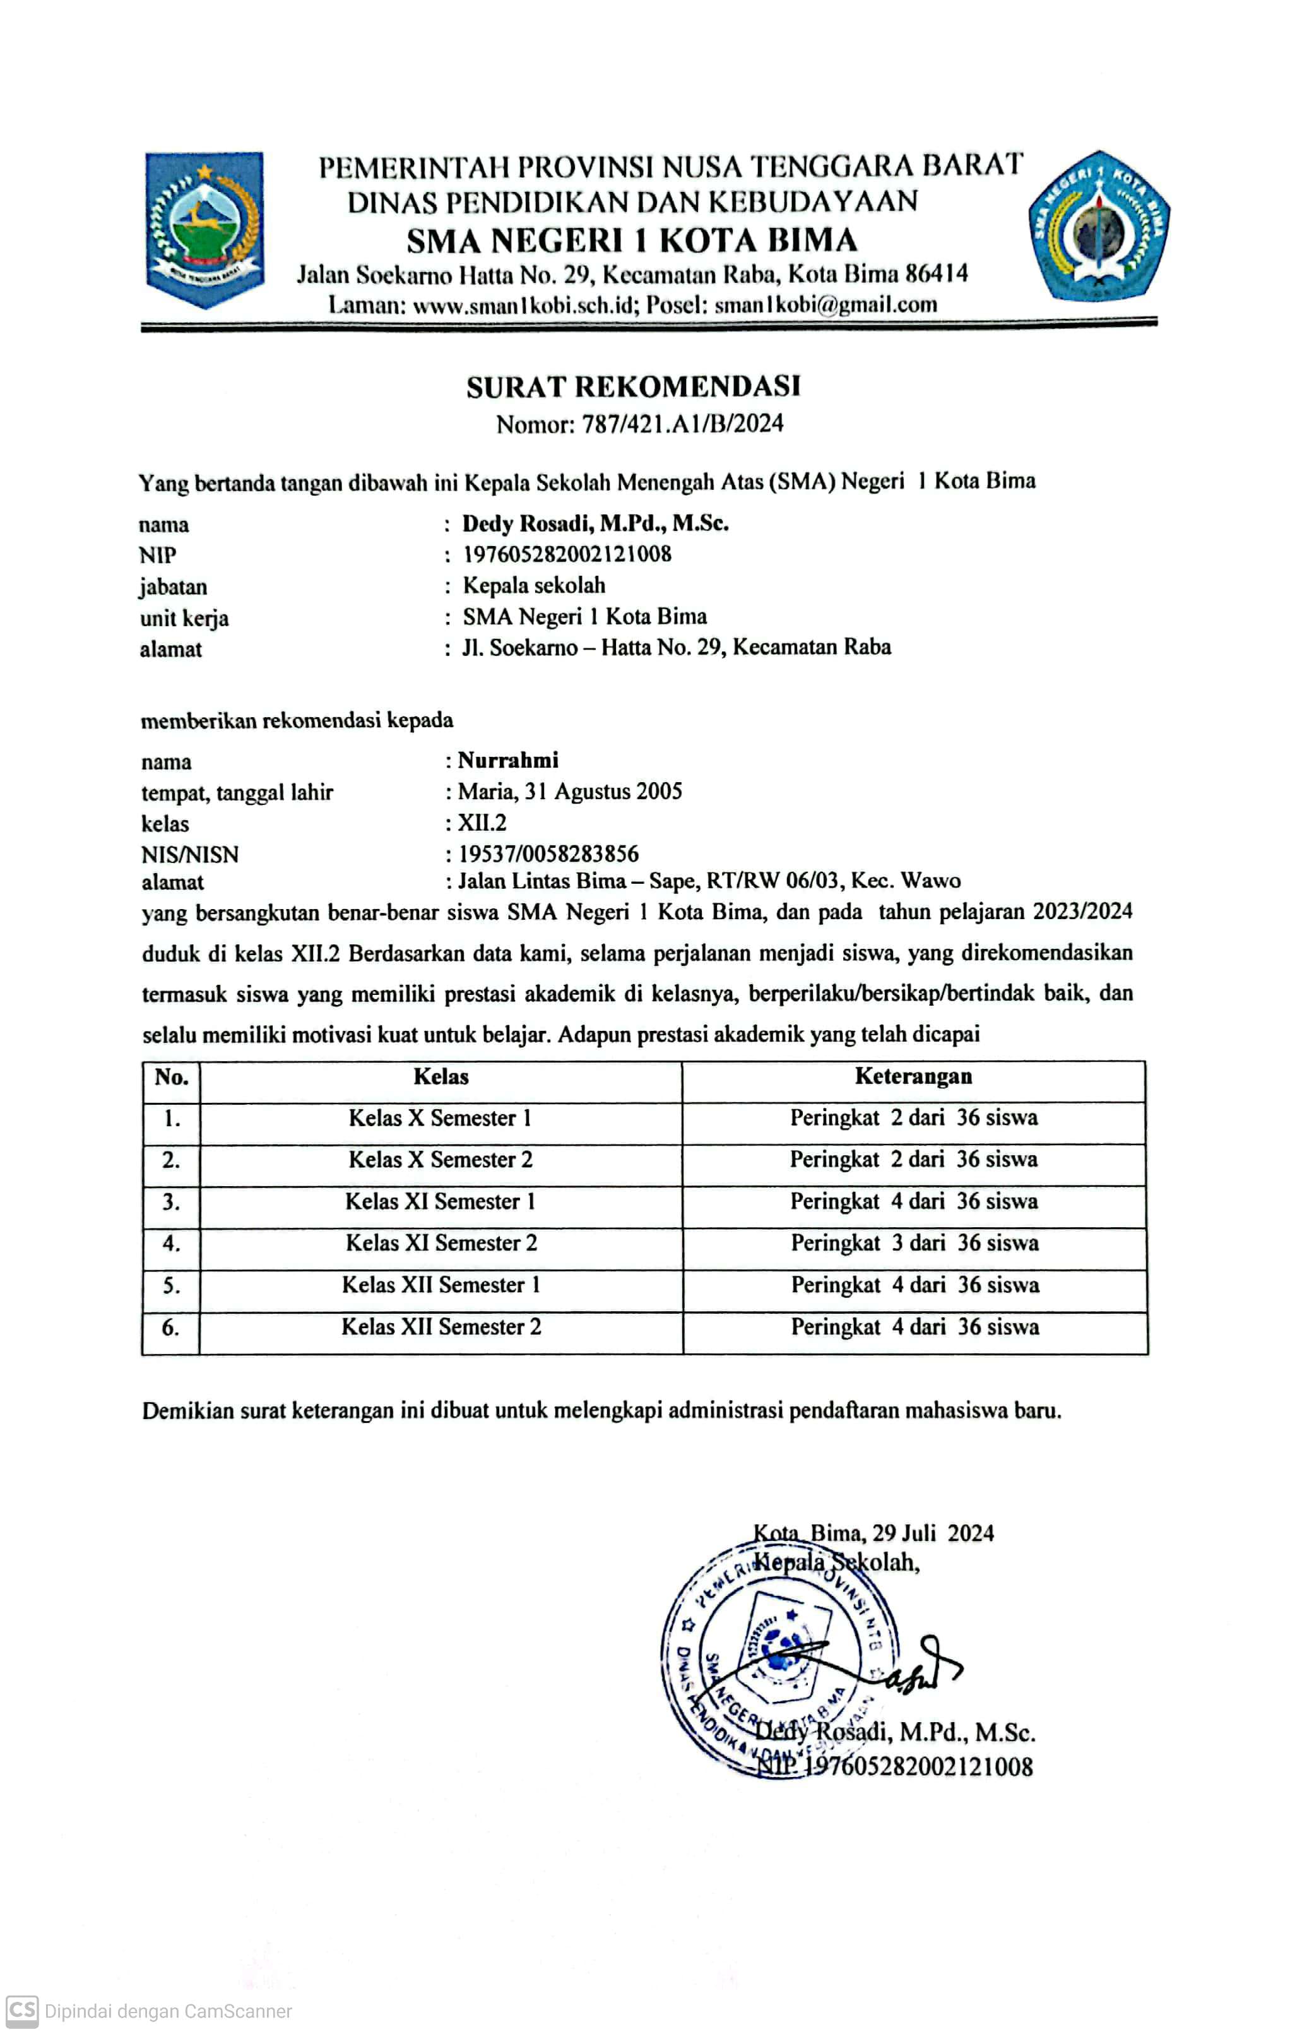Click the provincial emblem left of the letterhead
pyautogui.click(x=204, y=230)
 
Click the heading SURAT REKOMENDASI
pyautogui.click(x=633, y=387)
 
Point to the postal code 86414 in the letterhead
pyautogui.click(x=937, y=274)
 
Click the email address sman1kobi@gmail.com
pyautogui.click(x=825, y=304)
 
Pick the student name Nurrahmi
pyautogui.click(x=507, y=760)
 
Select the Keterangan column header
pyautogui.click(x=913, y=1076)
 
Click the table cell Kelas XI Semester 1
pyautogui.click(x=440, y=1201)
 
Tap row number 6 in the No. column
pyautogui.click(x=170, y=1327)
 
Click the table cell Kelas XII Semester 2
pyautogui.click(x=441, y=1327)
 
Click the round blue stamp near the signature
pyautogui.click(x=777, y=1660)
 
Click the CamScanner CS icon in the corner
pyautogui.click(x=22, y=2011)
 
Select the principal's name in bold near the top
pyautogui.click(x=595, y=524)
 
